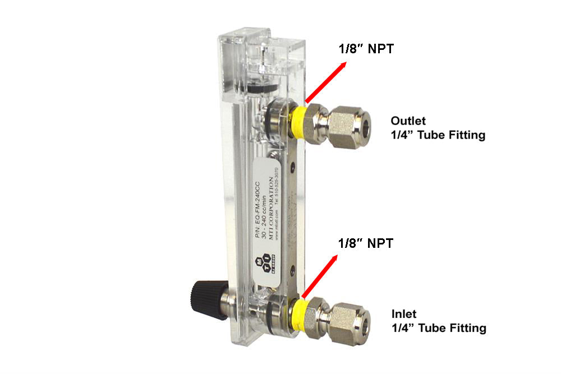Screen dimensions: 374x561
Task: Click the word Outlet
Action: (408, 121)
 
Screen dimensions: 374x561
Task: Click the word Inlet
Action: (404, 314)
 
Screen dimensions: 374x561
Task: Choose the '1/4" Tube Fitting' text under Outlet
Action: (438, 135)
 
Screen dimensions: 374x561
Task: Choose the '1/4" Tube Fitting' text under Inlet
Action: (438, 329)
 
